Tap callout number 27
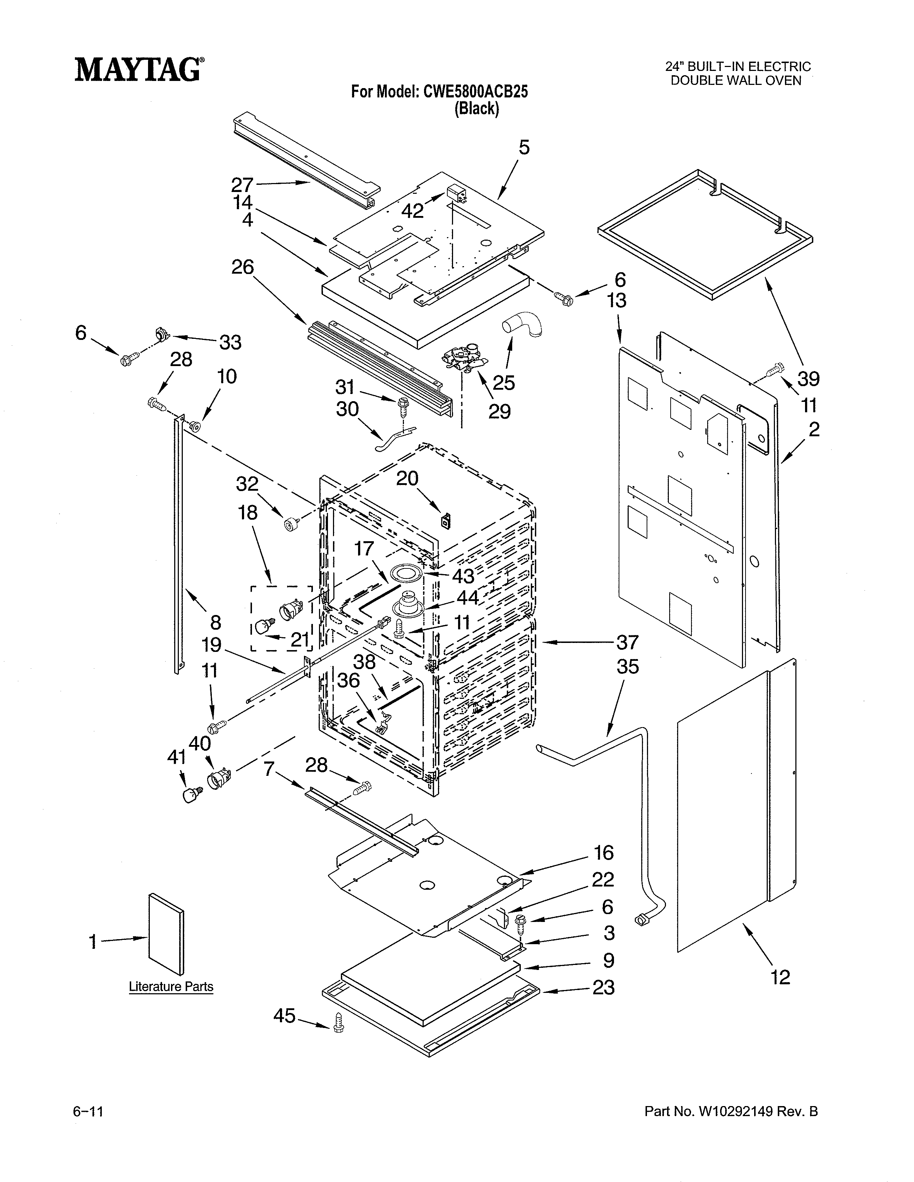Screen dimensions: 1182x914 pyautogui.click(x=242, y=185)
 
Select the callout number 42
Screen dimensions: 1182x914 pyautogui.click(x=412, y=211)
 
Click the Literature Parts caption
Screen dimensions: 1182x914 pyautogui.click(x=171, y=987)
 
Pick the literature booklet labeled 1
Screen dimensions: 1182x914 pyautogui.click(x=166, y=933)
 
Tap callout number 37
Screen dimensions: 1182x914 pyautogui.click(x=627, y=643)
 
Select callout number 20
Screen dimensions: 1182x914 pyautogui.click(x=407, y=479)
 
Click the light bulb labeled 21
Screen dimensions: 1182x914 pyautogui.click(x=262, y=629)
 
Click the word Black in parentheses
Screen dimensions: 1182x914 pyautogui.click(x=476, y=109)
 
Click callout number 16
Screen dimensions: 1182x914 pyautogui.click(x=603, y=853)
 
